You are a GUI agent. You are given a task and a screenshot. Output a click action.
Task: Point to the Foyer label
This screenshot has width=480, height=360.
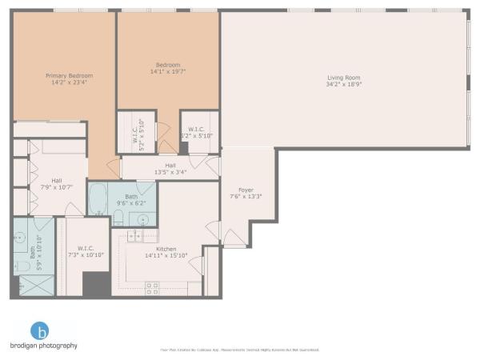point(246,189)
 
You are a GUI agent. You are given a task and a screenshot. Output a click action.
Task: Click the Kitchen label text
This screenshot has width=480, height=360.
point(166,249)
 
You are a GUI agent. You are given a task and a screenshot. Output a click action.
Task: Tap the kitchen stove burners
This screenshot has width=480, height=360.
point(152,286)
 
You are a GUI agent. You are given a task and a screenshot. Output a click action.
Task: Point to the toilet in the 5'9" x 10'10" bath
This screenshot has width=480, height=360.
point(19,265)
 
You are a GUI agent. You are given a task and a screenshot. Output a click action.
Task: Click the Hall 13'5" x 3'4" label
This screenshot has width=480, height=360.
point(170,170)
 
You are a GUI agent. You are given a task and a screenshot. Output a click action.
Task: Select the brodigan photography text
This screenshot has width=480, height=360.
point(44,346)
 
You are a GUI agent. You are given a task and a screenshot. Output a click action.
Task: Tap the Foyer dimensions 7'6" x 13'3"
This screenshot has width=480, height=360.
point(246,196)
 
